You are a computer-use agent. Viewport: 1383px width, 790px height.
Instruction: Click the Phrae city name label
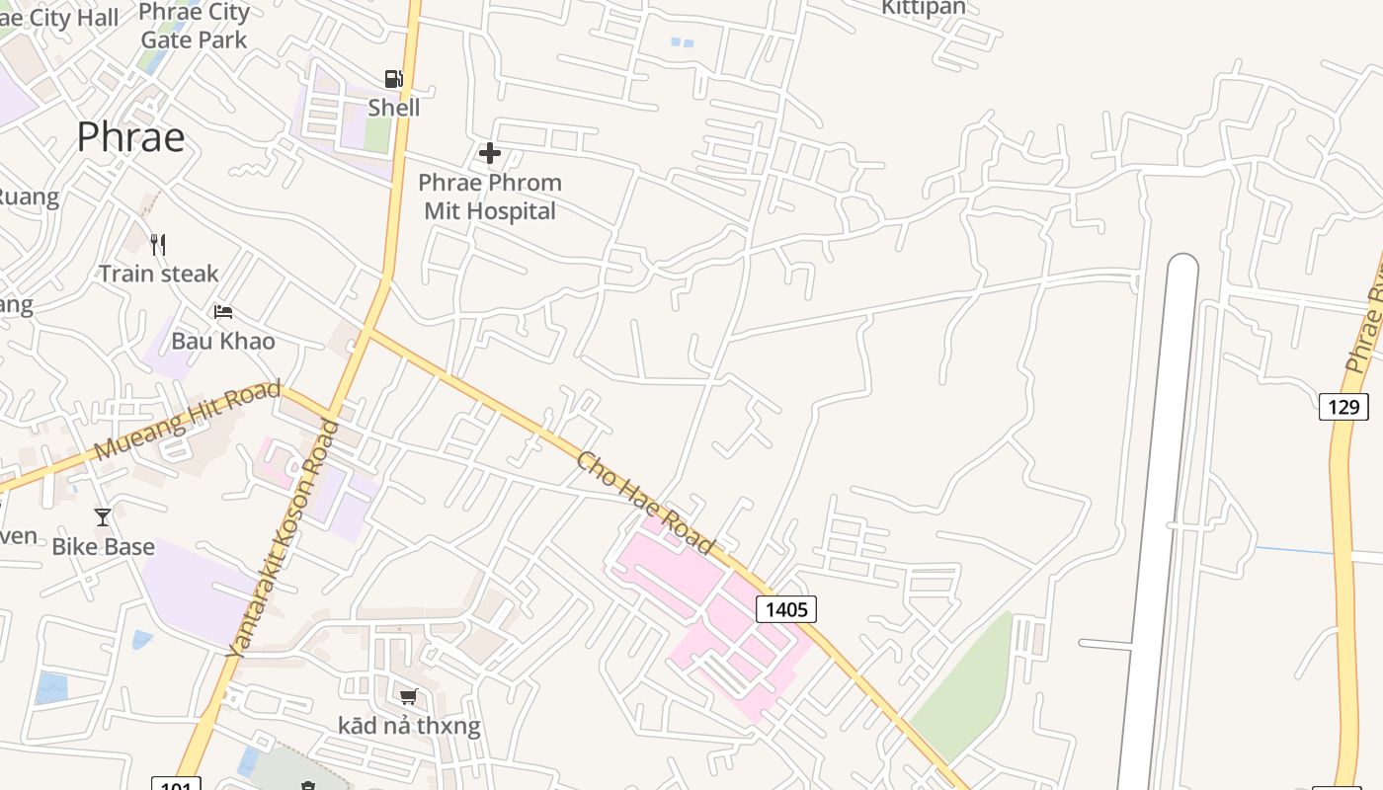click(130, 136)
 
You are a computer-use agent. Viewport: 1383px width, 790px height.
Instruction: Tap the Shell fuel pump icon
click(393, 79)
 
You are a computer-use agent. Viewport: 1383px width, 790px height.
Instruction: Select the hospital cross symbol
click(489, 153)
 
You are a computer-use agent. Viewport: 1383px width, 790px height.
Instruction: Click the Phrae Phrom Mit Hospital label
click(490, 197)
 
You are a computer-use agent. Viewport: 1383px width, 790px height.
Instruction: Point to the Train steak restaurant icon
click(158, 244)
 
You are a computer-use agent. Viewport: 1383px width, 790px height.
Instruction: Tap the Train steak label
click(158, 274)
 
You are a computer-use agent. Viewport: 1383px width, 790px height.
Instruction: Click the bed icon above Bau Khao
click(223, 312)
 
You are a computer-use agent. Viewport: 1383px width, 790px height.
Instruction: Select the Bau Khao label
click(223, 341)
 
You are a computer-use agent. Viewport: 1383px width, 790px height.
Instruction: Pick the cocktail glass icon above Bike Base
click(103, 516)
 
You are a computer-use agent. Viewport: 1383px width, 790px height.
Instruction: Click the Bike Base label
click(103, 546)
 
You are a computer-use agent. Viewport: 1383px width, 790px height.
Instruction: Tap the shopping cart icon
click(409, 697)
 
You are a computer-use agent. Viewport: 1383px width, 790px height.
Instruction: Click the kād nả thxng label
click(409, 726)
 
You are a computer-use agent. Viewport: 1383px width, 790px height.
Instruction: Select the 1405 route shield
click(786, 609)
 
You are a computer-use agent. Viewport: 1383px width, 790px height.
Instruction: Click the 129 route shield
click(1343, 406)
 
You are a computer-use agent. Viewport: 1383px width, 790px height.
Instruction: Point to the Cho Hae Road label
click(646, 503)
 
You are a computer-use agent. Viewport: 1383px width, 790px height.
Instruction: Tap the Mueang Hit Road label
click(188, 421)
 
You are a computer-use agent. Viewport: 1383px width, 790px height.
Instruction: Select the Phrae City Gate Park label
click(194, 26)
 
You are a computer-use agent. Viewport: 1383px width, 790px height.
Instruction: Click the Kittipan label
click(924, 8)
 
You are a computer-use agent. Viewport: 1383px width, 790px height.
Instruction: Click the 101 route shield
click(176, 785)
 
